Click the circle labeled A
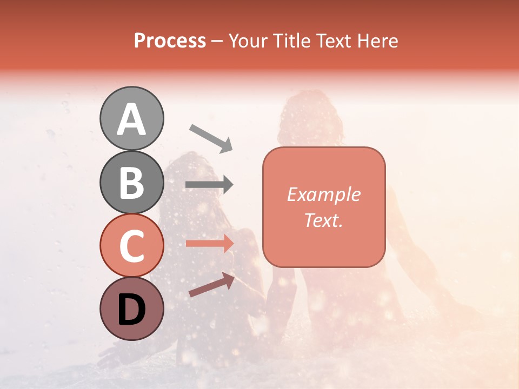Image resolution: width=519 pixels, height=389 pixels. point(132,118)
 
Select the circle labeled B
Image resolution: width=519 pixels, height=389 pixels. point(132,182)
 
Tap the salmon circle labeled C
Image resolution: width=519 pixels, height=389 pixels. point(132,246)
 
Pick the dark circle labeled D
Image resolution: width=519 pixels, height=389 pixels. point(132,308)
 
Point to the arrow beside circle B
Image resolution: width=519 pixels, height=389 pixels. point(209,185)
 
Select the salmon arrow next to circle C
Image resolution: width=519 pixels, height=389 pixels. point(209,243)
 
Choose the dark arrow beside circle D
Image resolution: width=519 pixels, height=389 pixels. point(211,285)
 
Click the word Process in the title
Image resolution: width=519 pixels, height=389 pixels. point(170,41)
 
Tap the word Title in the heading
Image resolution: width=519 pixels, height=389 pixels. point(291,41)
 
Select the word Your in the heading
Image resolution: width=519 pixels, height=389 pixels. point(248,41)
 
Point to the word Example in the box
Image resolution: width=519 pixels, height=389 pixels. point(323,194)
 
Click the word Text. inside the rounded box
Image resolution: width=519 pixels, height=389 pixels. point(323,220)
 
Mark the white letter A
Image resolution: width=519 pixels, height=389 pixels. point(132,119)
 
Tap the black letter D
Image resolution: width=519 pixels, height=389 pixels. point(132,310)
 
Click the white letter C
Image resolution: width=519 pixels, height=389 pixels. point(132,246)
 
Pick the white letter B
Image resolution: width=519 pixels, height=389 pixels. point(132,183)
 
